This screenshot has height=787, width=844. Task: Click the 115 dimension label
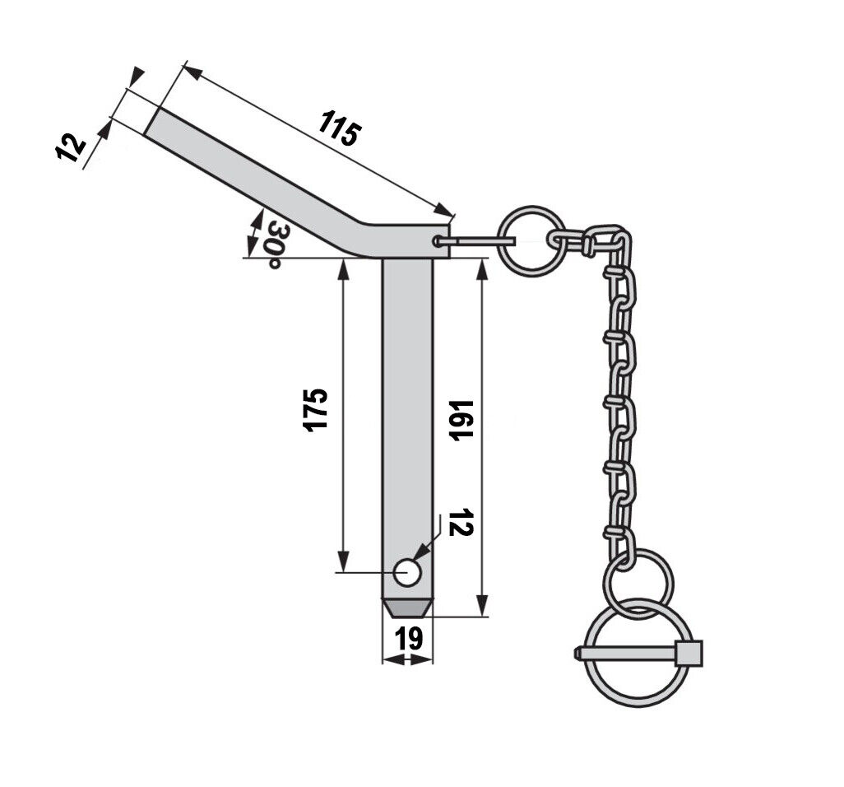340,128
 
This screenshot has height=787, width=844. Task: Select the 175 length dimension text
315,410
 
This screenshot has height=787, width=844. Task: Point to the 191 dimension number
461,421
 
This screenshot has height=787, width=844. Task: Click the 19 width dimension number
409,640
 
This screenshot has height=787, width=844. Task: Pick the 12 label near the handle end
71,147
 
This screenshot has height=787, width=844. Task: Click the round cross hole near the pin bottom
407,573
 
